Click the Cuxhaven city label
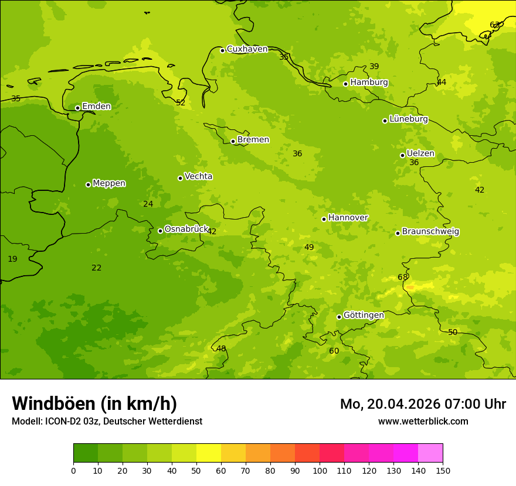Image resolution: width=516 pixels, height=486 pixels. click(247, 49)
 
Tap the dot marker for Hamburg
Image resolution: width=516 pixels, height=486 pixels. click(345, 84)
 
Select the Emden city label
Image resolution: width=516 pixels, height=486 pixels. click(96, 107)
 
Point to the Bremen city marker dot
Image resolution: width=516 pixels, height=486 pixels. click(233, 141)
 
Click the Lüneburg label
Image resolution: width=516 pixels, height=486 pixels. click(408, 119)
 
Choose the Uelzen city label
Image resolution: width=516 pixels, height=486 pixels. click(420, 154)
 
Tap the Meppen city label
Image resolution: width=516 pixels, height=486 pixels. click(109, 183)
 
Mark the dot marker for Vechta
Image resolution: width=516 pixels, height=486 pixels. click(180, 178)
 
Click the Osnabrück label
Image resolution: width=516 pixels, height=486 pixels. click(186, 230)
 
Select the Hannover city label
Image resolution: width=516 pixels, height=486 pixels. click(348, 218)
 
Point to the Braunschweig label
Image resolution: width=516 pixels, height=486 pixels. click(430, 232)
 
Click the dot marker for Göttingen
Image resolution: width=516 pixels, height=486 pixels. click(339, 317)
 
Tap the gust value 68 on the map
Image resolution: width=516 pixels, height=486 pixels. click(403, 278)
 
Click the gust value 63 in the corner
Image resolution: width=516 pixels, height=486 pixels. click(495, 25)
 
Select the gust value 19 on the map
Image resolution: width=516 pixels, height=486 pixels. click(12, 259)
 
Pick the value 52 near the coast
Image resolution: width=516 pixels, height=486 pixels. click(181, 103)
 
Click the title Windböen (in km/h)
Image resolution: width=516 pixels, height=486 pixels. click(94, 403)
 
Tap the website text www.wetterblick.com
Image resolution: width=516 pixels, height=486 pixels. click(423, 422)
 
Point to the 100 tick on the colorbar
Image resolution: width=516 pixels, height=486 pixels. click(320, 471)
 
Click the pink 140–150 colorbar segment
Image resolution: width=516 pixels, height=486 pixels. click(430, 453)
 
